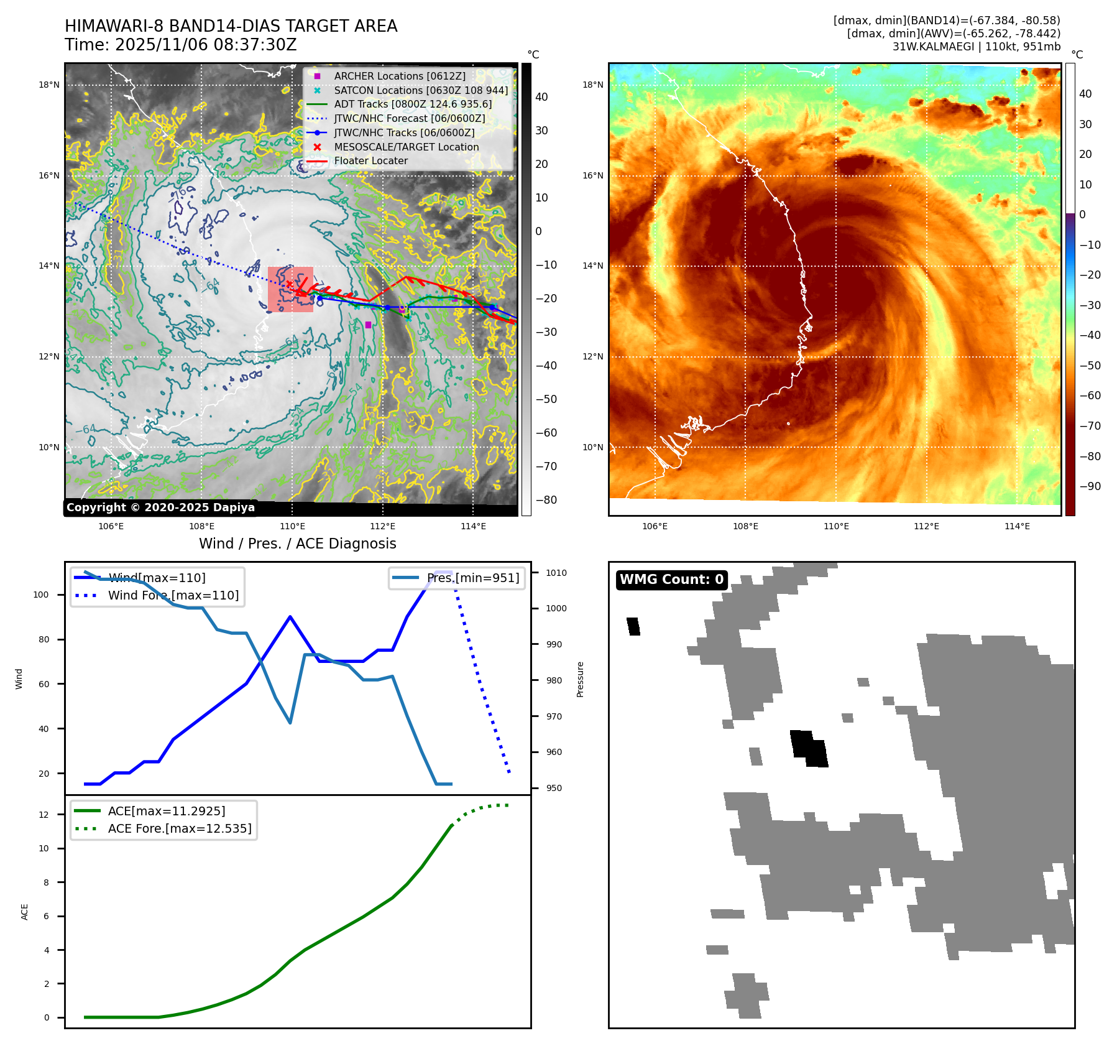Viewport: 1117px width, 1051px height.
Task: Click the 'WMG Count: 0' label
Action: [671, 580]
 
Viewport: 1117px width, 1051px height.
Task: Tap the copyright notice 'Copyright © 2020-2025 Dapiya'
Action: [160, 507]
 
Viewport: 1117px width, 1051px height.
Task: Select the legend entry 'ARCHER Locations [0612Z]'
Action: [399, 76]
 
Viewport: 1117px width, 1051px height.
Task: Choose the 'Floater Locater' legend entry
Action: [370, 161]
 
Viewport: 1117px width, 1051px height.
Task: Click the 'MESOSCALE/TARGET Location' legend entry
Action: [406, 147]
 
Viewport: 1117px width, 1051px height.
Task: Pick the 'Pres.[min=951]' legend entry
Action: [472, 578]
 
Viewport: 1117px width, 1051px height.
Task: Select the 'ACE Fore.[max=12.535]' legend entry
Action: [179, 828]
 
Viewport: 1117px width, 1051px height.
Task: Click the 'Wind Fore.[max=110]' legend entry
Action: [173, 595]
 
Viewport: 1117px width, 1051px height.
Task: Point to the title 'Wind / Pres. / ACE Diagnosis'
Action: [297, 544]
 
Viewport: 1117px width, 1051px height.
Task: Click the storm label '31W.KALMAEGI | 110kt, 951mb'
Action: [976, 47]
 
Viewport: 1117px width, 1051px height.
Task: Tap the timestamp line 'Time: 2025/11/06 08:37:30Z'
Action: [180, 45]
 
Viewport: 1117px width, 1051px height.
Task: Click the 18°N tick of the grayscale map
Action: [49, 85]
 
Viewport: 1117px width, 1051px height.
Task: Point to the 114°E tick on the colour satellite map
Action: [1017, 526]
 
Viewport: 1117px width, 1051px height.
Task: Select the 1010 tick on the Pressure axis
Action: [556, 573]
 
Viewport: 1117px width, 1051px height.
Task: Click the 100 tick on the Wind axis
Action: [40, 595]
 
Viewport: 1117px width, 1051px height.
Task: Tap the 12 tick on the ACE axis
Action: [44, 815]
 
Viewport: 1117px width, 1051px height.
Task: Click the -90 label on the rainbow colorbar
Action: [1090, 486]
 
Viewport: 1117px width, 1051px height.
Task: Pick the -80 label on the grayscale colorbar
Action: [546, 500]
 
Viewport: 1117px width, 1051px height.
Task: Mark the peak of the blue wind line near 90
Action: [290, 616]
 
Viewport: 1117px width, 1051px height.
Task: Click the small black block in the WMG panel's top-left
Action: [633, 626]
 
